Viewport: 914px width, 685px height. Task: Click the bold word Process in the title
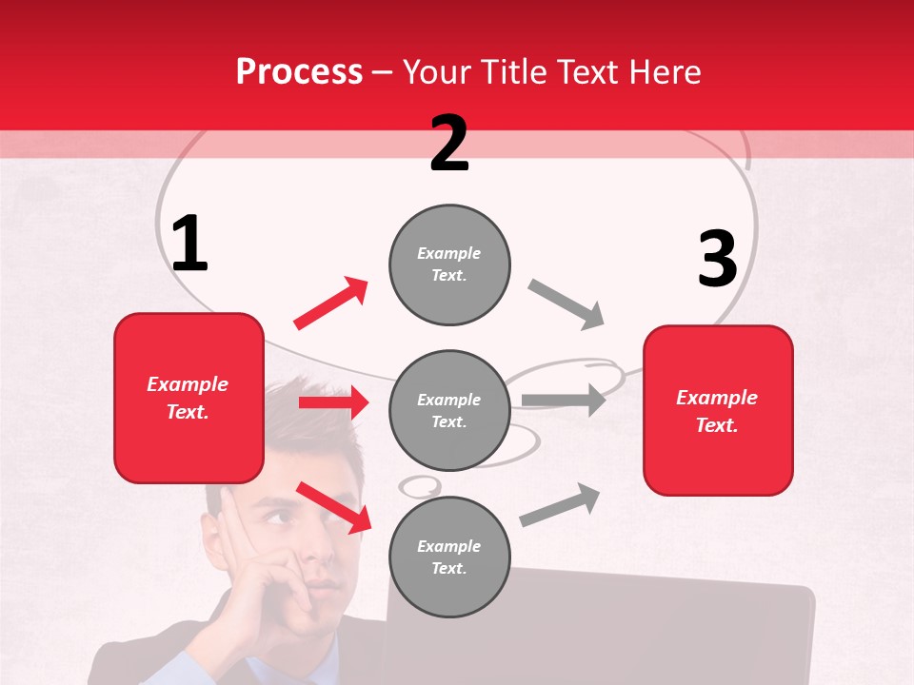tap(299, 72)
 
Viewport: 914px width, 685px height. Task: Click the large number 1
tap(189, 245)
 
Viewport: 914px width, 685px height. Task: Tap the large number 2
tap(449, 144)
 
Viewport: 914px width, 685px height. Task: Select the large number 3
tap(717, 260)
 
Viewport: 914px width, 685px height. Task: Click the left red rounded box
tap(189, 398)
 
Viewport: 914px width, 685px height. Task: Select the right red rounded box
tap(718, 410)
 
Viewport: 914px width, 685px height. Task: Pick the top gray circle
tap(449, 264)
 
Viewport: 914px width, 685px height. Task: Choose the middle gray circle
tap(449, 410)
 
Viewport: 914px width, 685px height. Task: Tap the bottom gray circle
tap(449, 557)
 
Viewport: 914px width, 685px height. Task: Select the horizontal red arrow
tap(333, 402)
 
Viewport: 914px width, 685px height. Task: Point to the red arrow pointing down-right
tap(333, 507)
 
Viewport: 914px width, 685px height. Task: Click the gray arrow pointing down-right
tap(566, 304)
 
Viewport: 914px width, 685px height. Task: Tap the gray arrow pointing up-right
tap(560, 505)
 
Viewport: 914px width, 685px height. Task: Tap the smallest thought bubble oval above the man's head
tap(419, 486)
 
